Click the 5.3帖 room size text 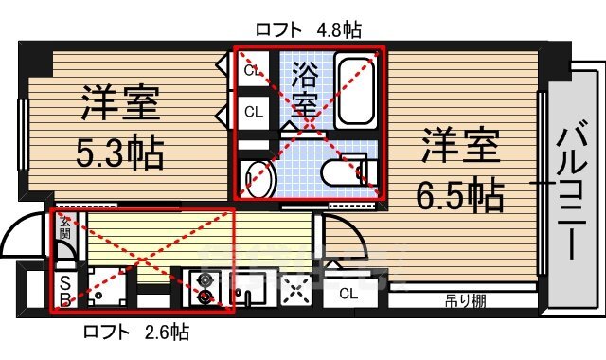(x=118, y=151)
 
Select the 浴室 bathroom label (x=305, y=88)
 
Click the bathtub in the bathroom (x=357, y=92)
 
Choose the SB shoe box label (x=65, y=291)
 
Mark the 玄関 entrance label (x=64, y=228)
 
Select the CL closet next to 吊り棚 (x=348, y=294)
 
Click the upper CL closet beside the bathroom (x=253, y=70)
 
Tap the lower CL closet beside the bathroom (x=253, y=111)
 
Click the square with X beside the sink (x=298, y=293)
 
